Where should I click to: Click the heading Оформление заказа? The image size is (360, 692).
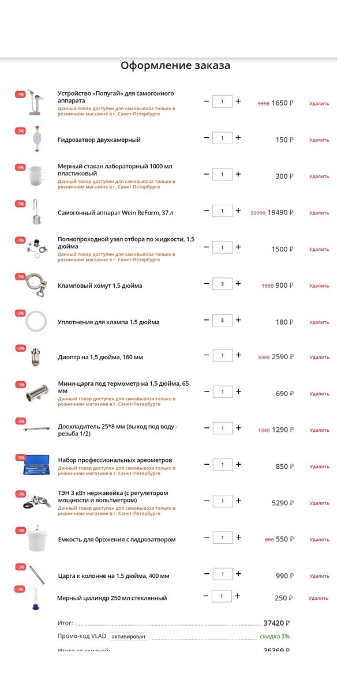tap(175, 65)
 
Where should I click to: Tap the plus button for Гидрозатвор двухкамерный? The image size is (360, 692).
tap(238, 138)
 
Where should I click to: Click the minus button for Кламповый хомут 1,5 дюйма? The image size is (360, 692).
tap(207, 284)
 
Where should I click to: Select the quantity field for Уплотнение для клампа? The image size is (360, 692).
tap(222, 320)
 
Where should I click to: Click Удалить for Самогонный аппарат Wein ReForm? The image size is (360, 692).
tap(319, 213)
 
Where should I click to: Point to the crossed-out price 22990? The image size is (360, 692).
tap(258, 213)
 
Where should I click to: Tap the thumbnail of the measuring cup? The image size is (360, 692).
tap(36, 174)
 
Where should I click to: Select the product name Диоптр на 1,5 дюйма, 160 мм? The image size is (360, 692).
tap(100, 357)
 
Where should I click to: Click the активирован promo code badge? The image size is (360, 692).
tap(129, 637)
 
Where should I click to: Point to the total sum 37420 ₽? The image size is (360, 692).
tap(276, 623)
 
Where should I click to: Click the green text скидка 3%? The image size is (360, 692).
tap(275, 637)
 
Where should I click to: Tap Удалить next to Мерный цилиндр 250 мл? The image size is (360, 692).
tap(318, 598)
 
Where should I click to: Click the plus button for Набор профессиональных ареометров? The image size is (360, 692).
tap(238, 464)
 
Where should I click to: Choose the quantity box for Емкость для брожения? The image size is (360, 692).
tap(222, 537)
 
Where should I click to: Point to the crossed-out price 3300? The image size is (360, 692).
tap(264, 358)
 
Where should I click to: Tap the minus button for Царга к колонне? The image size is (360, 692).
tap(207, 574)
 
